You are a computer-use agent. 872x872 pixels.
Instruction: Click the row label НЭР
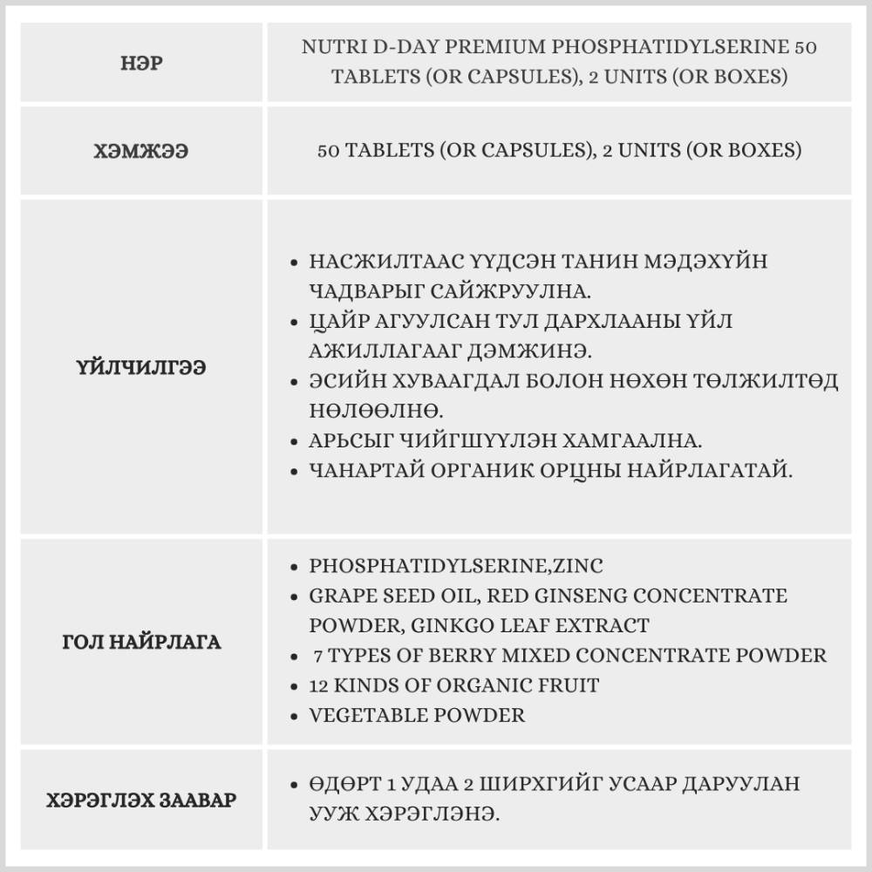click(141, 63)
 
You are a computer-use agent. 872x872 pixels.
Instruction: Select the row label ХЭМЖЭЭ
click(141, 151)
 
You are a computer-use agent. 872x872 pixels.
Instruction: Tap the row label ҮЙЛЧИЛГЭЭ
click(141, 367)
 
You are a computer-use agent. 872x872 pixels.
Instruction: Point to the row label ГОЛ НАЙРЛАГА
click(141, 643)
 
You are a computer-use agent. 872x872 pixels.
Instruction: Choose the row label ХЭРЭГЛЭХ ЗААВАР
click(141, 799)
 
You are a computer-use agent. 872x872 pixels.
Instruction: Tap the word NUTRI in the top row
click(331, 47)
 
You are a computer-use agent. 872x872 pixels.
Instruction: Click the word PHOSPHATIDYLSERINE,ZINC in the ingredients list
click(455, 566)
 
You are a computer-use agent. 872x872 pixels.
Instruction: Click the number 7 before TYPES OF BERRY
click(317, 655)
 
